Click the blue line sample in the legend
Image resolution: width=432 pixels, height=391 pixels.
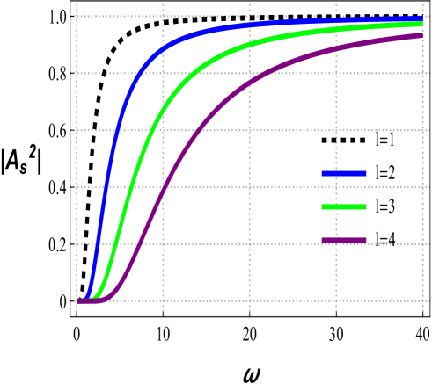click(x=344, y=174)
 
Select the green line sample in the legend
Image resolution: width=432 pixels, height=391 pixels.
click(x=344, y=207)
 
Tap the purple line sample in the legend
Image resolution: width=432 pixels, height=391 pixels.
click(x=344, y=241)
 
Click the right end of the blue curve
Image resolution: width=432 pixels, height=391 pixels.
click(x=422, y=18)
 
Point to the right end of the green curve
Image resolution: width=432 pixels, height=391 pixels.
click(x=422, y=24)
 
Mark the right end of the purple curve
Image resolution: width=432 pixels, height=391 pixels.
click(x=422, y=35)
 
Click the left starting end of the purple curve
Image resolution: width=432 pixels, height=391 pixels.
click(x=78, y=301)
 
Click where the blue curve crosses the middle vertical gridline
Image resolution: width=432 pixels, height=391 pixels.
click(x=249, y=25)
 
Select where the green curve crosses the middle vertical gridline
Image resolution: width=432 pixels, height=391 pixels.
click(x=249, y=43)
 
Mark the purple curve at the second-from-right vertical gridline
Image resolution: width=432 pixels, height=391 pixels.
click(x=336, y=50)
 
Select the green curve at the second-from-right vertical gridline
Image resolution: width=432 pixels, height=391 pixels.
click(x=336, y=29)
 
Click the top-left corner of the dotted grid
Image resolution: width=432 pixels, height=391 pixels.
click(x=77, y=17)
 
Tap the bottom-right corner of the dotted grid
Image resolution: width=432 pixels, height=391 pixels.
click(x=422, y=301)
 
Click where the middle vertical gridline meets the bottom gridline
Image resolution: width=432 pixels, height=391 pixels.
click(x=249, y=301)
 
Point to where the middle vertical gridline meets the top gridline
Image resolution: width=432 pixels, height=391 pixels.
click(x=249, y=17)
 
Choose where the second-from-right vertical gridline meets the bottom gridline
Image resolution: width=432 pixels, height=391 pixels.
click(x=336, y=301)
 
